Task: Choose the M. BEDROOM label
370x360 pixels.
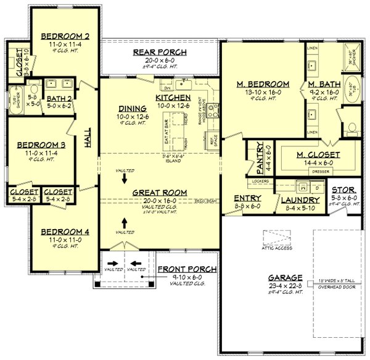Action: click(265, 83)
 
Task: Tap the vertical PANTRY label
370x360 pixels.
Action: click(252, 159)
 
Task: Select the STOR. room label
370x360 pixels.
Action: click(343, 190)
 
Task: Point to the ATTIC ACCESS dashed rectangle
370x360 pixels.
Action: click(277, 238)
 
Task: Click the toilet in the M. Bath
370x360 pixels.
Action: click(353, 128)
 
